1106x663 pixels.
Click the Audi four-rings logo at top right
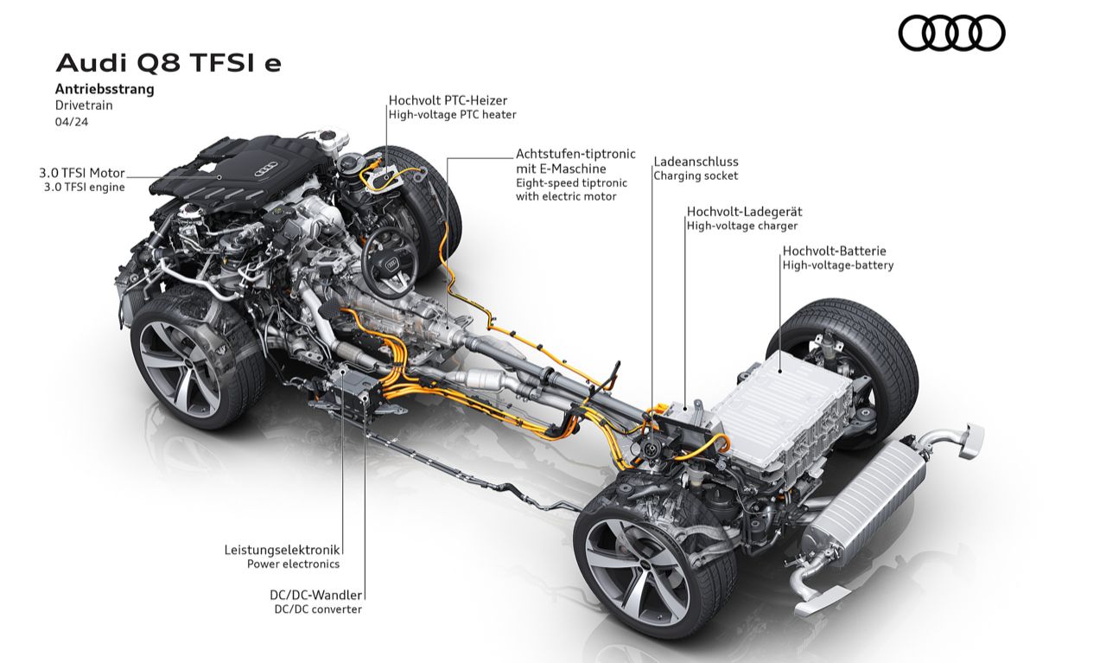coord(951,33)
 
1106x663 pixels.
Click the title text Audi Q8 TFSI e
coord(168,63)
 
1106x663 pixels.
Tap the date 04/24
coord(72,122)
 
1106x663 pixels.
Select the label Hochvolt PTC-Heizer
coord(448,100)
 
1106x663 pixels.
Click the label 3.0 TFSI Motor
coord(82,173)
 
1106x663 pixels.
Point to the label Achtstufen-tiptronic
coord(575,154)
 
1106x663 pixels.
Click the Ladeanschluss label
coord(696,162)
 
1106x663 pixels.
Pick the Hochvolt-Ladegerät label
coord(745,212)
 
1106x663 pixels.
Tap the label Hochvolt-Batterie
coord(835,251)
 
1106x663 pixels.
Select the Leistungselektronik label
coord(282,550)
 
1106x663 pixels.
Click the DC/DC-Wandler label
coord(316,595)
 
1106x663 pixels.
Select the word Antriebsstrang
coord(105,89)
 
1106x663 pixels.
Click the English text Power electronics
coord(293,564)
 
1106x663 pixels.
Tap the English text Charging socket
coord(696,175)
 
